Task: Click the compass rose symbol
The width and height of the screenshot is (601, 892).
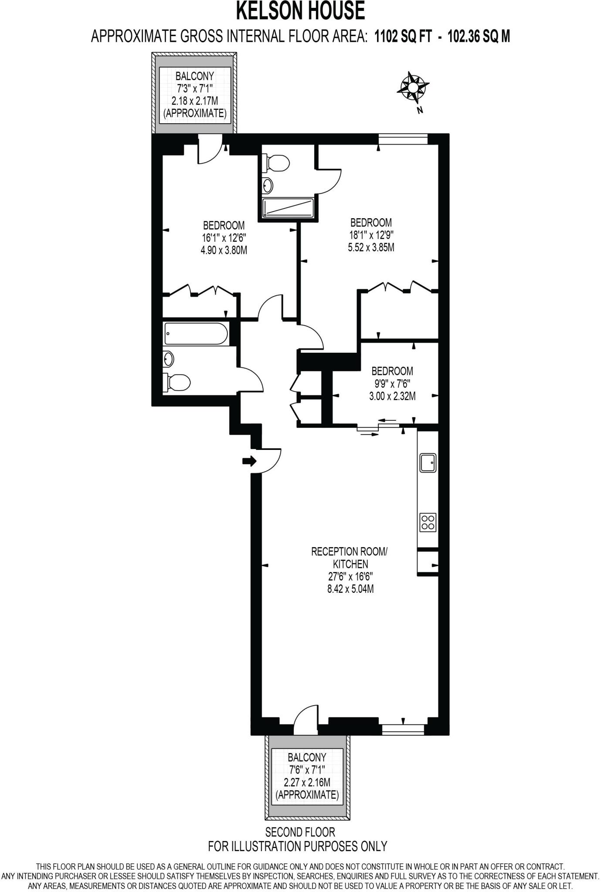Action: point(412,86)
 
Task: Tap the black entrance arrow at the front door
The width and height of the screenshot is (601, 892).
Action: point(249,461)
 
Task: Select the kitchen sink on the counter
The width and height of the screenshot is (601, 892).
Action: point(428,462)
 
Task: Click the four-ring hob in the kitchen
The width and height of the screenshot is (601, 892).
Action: point(428,522)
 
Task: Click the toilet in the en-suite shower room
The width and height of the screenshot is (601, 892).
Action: point(277,163)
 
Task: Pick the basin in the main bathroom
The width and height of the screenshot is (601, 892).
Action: point(169,359)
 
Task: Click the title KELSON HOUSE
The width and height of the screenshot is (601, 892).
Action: point(300,11)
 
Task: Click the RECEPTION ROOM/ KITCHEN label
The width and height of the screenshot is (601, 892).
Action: point(349,557)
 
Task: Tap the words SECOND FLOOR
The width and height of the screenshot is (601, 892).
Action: point(300,832)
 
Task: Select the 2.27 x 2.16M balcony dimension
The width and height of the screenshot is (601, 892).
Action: point(307,782)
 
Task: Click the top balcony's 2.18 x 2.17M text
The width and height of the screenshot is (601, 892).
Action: point(195,101)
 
